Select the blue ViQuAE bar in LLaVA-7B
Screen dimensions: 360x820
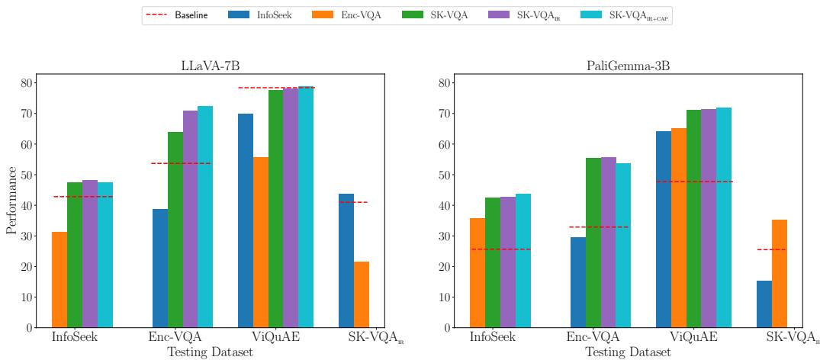pyautogui.click(x=246, y=220)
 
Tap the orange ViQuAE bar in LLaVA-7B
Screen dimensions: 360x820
pyautogui.click(x=261, y=242)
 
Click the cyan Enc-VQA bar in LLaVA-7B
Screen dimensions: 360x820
pyautogui.click(x=205, y=217)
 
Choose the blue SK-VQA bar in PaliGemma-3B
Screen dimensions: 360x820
pyautogui.click(x=764, y=304)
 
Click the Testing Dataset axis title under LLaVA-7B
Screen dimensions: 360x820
pyautogui.click(x=210, y=352)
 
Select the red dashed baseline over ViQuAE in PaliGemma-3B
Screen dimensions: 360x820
pyautogui.click(x=694, y=182)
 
